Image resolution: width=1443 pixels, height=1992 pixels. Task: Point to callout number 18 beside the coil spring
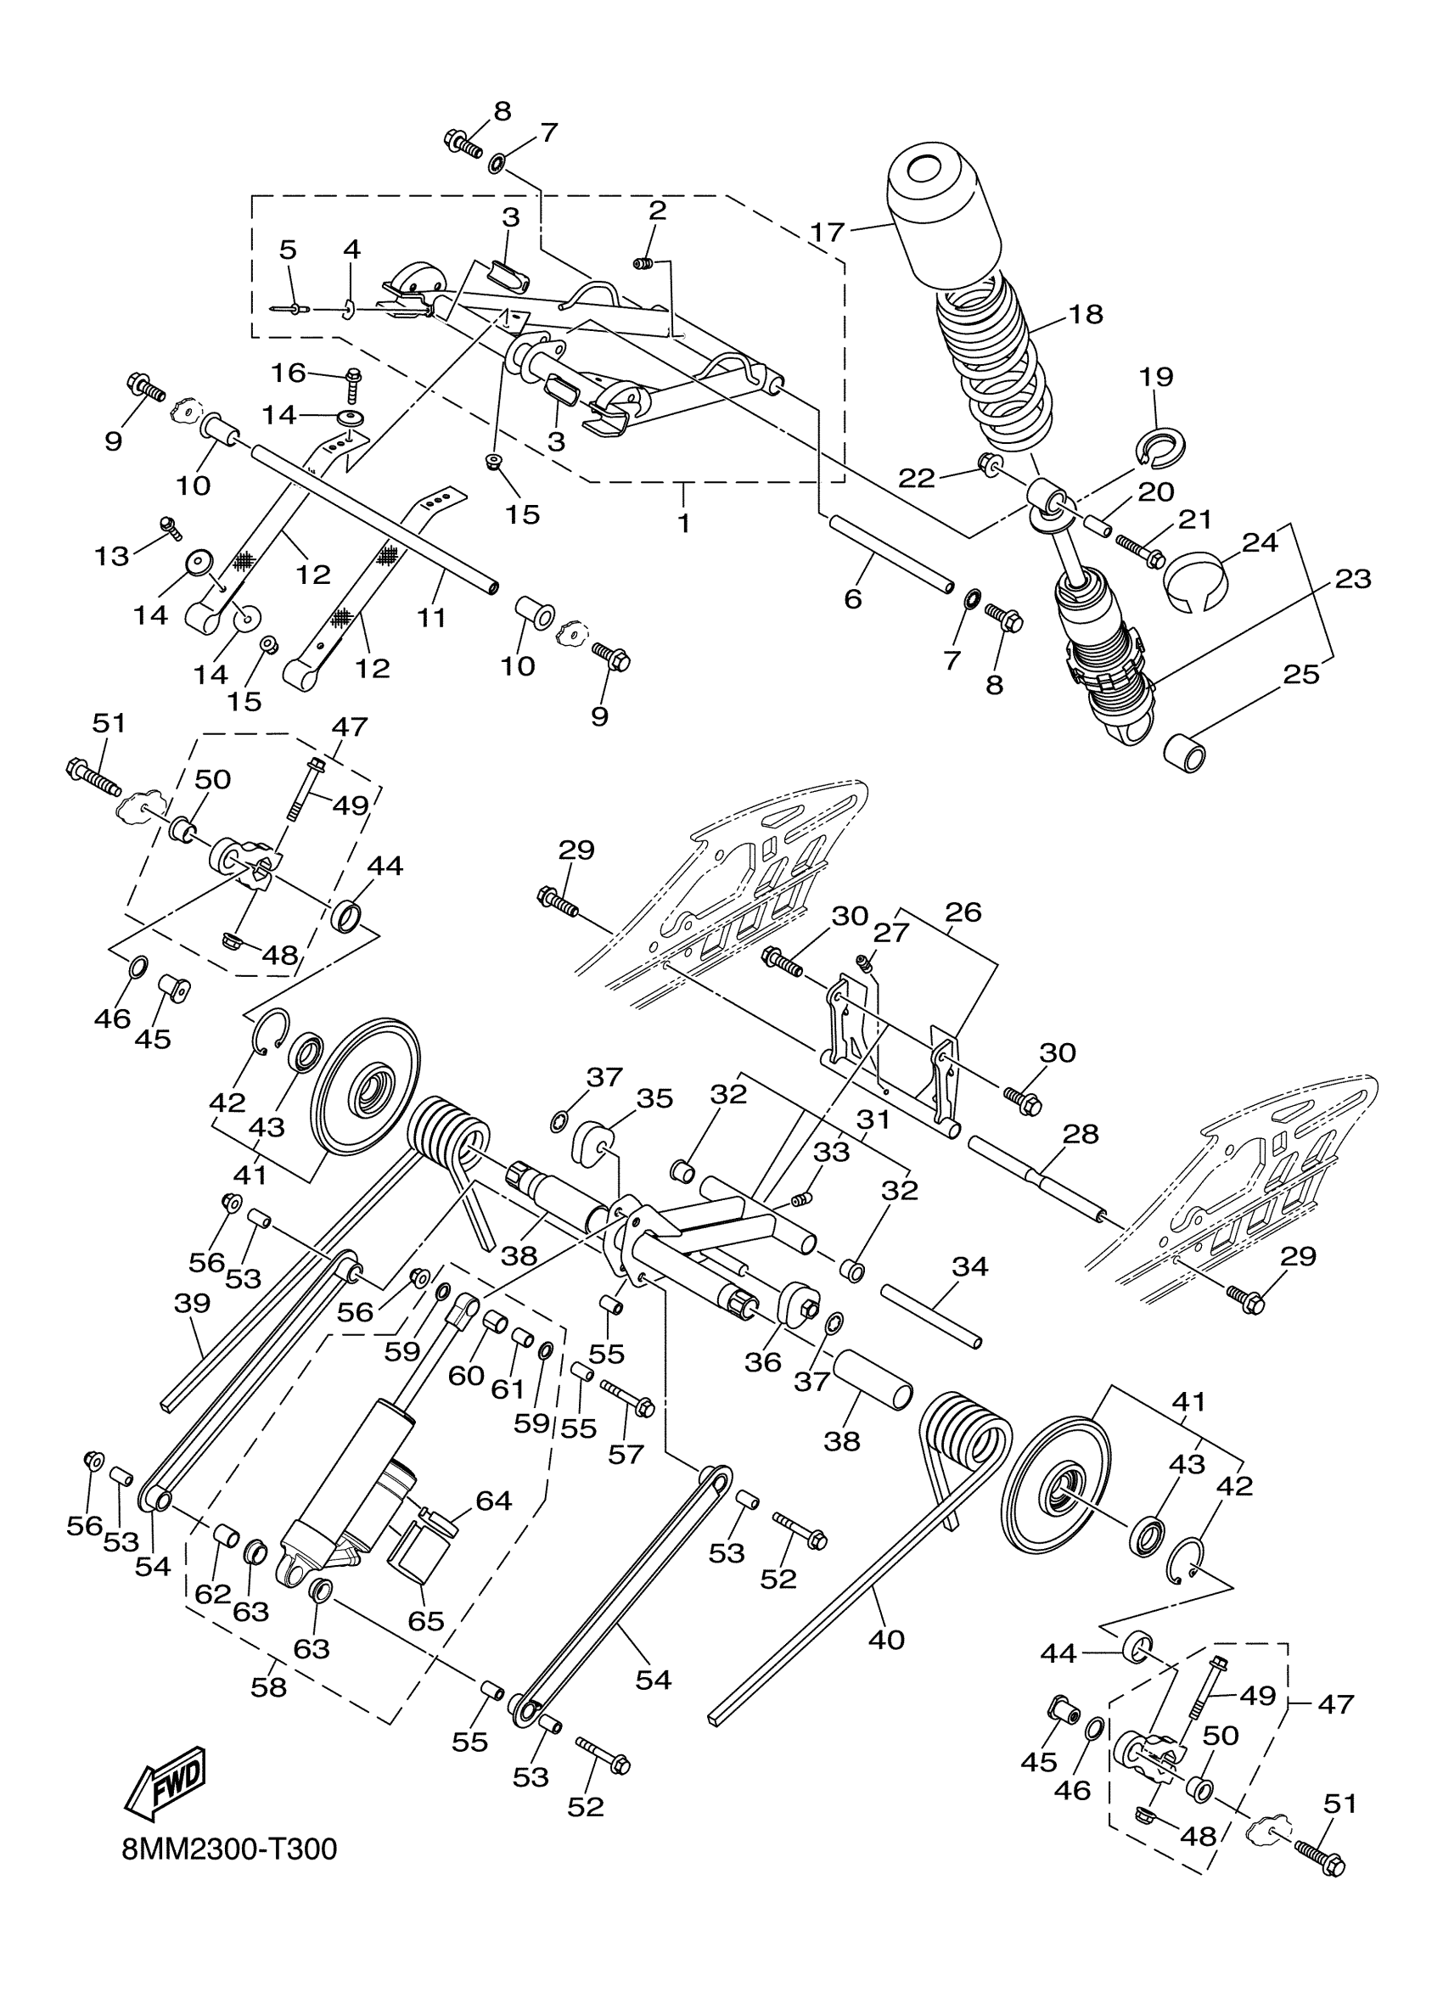coord(1086,313)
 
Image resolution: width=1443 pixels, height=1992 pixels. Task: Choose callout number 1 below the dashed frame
coord(684,524)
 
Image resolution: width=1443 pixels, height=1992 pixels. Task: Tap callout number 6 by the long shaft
coord(853,599)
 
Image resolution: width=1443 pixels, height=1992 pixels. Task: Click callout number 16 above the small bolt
coord(288,373)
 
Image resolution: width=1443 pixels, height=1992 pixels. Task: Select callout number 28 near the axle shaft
coord(1081,1134)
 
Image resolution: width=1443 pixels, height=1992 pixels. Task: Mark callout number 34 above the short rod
coord(969,1265)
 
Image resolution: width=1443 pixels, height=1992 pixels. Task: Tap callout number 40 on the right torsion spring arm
coord(886,1639)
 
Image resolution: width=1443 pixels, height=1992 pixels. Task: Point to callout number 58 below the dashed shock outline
coord(269,1687)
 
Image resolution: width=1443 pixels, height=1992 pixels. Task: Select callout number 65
coord(426,1620)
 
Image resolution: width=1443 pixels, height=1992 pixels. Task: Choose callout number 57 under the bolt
coord(626,1455)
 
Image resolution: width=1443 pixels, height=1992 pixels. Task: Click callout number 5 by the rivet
coord(288,250)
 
